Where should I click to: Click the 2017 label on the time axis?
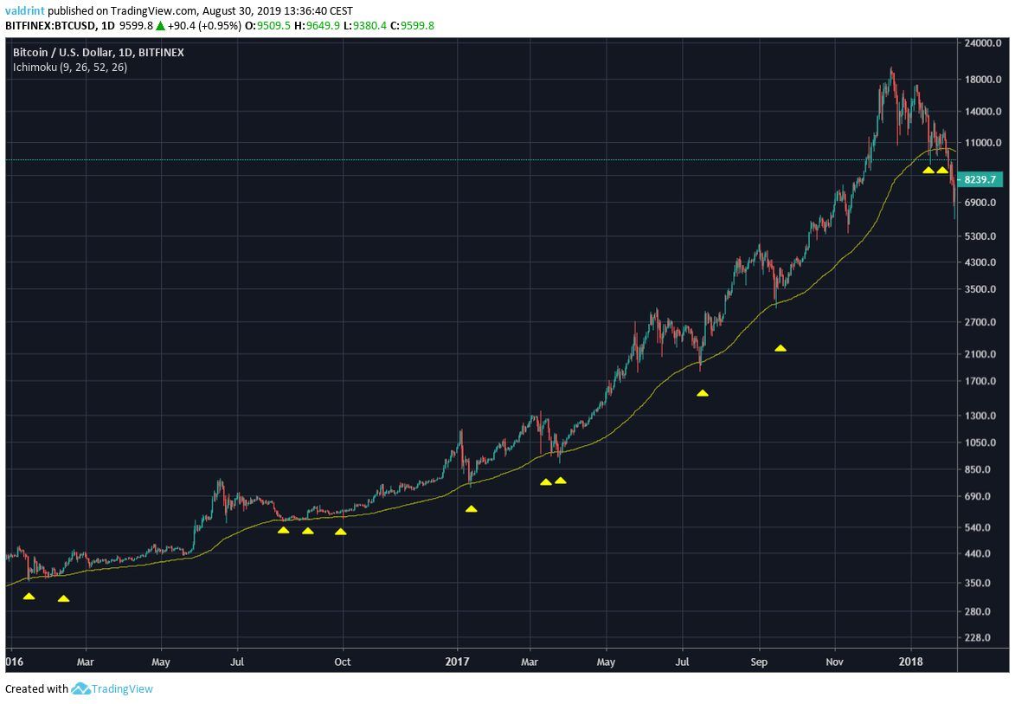pyautogui.click(x=457, y=662)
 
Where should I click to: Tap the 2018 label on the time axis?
pyautogui.click(x=911, y=662)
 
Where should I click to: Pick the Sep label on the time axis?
pyautogui.click(x=759, y=662)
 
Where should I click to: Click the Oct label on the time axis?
pyautogui.click(x=343, y=662)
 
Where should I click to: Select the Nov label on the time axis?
pyautogui.click(x=835, y=662)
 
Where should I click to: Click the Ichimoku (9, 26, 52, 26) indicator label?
pyautogui.click(x=70, y=67)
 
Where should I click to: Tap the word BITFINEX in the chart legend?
pyautogui.click(x=157, y=53)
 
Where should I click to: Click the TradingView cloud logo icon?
pyautogui.click(x=80, y=689)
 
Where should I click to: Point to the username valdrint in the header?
pyautogui.click(x=24, y=11)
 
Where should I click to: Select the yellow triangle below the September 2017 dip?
pyautogui.click(x=781, y=348)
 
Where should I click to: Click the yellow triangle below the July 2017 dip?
pyautogui.click(x=703, y=393)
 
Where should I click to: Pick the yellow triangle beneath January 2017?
pyautogui.click(x=471, y=508)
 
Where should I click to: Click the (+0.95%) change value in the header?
pyautogui.click(x=220, y=25)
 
